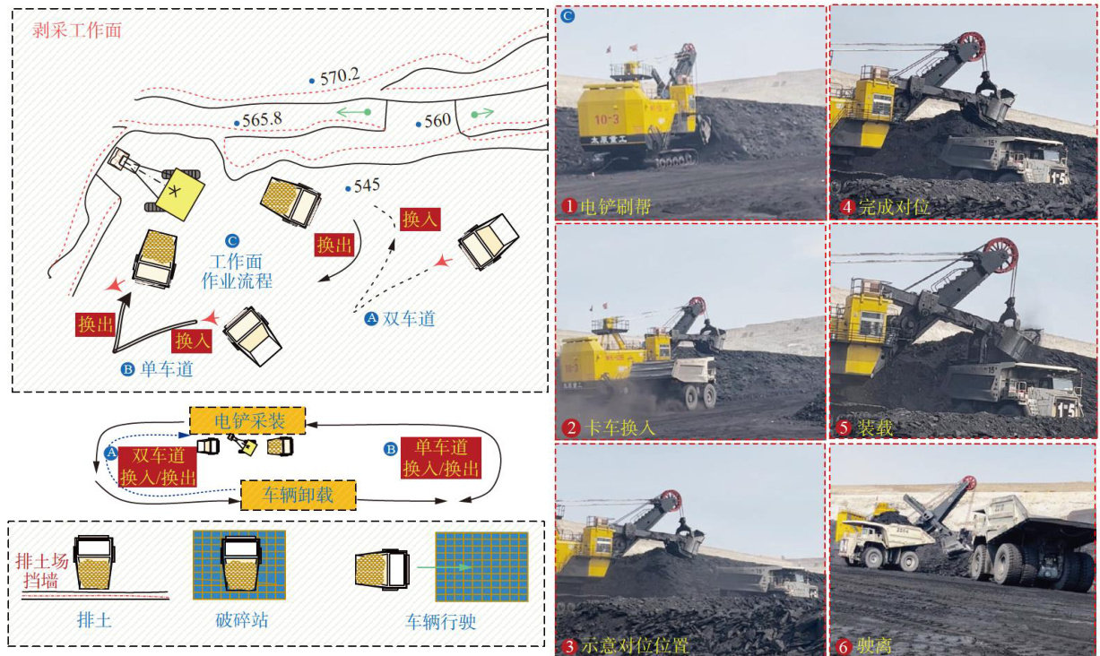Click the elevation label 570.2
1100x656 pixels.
[340, 77]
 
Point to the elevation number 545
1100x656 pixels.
[367, 186]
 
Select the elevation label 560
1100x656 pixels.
[437, 120]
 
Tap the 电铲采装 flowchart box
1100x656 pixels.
[247, 419]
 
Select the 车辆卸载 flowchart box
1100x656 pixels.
[299, 494]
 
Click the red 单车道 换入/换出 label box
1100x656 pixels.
[440, 458]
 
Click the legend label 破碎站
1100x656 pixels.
[238, 618]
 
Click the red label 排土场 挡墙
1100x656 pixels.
[42, 571]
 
